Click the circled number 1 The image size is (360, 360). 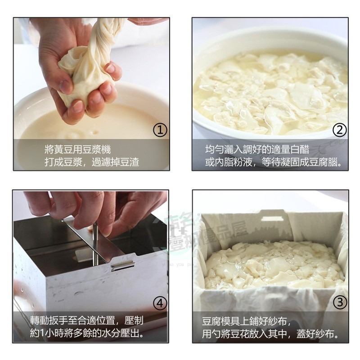tap(160, 130)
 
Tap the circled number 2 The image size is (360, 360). tap(340, 130)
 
